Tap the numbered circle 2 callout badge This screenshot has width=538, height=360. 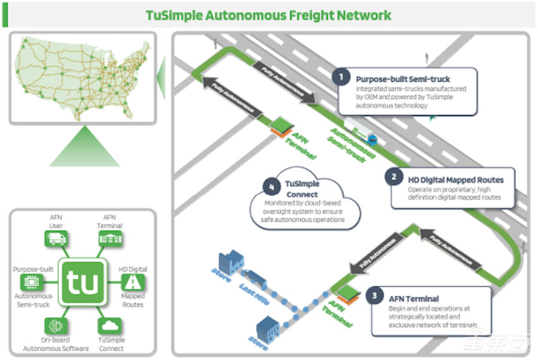[394, 177]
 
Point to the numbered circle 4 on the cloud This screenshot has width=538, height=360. [272, 187]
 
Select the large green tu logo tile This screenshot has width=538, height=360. [81, 282]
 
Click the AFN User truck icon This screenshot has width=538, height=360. [56, 239]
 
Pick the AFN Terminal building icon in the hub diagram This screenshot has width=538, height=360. [109, 239]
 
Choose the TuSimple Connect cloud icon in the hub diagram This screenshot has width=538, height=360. [109, 326]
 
